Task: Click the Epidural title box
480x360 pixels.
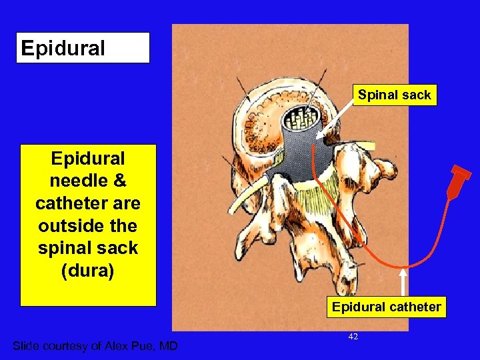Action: pos(83,48)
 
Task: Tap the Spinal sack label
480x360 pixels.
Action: pos(394,95)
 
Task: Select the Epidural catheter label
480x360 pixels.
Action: pos(387,307)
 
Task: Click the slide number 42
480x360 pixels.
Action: pos(353,337)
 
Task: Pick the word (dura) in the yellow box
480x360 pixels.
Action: pos(88,270)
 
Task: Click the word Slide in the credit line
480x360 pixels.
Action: pos(27,345)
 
